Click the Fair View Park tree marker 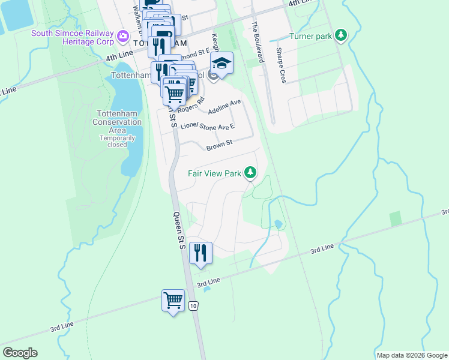click(250, 174)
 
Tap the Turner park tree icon click(342, 36)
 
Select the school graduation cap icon click(221, 64)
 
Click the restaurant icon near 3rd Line click(200, 253)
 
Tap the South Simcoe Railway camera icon click(124, 37)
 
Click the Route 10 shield click(193, 306)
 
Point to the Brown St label click(218, 146)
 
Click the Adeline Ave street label click(224, 107)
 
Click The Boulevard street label click(258, 42)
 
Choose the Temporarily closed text click(117, 141)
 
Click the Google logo click(20, 353)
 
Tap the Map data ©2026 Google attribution click(411, 355)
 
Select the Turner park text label click(310, 37)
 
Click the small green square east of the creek click(395, 219)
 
